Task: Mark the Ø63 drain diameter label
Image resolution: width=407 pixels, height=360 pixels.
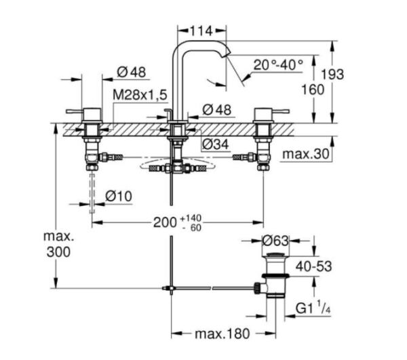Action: click(x=277, y=241)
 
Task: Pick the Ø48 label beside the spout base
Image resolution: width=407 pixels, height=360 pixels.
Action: click(x=217, y=109)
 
